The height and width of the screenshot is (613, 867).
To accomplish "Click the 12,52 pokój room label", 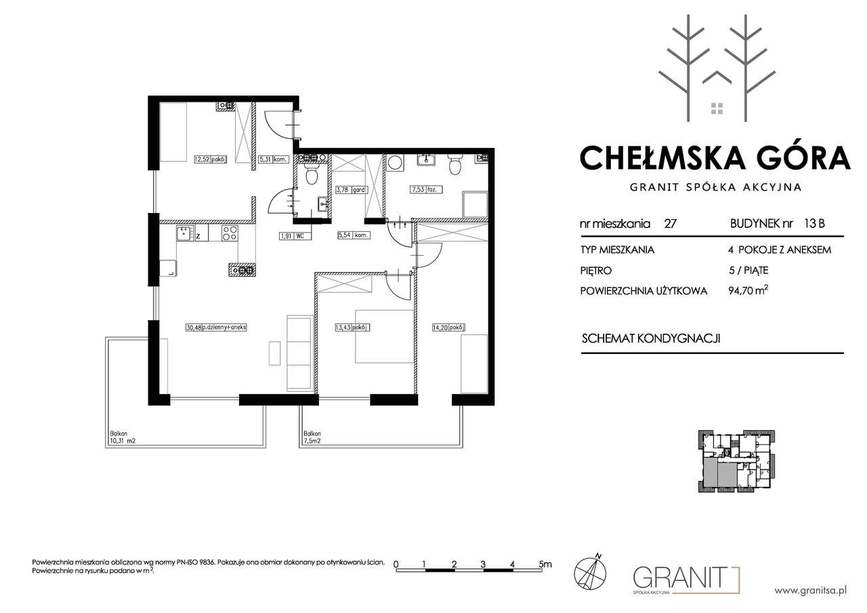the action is tap(211, 159).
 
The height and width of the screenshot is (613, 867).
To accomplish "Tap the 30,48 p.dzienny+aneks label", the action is tap(216, 328).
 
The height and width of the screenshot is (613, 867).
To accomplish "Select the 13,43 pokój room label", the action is tap(352, 328).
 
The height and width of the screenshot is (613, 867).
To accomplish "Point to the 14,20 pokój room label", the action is tap(448, 328).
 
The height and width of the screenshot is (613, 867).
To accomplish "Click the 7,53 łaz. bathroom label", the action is tap(426, 189).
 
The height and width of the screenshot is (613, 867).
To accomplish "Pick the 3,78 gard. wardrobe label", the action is tap(351, 190).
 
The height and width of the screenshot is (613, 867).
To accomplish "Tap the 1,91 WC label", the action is tap(295, 235).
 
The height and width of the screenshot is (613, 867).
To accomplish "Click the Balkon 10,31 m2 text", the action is tap(123, 437).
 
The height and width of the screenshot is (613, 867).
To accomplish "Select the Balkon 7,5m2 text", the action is tap(312, 437).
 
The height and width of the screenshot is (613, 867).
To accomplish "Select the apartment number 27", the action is tap(670, 224).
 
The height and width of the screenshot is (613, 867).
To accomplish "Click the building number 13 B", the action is tap(814, 223).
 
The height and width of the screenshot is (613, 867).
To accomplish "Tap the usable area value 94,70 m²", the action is tap(748, 290).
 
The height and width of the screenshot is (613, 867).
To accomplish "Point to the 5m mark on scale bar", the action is tap(545, 564).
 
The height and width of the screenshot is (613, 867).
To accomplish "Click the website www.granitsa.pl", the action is tap(811, 591).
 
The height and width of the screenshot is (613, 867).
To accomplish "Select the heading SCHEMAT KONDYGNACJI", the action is tap(651, 338).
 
